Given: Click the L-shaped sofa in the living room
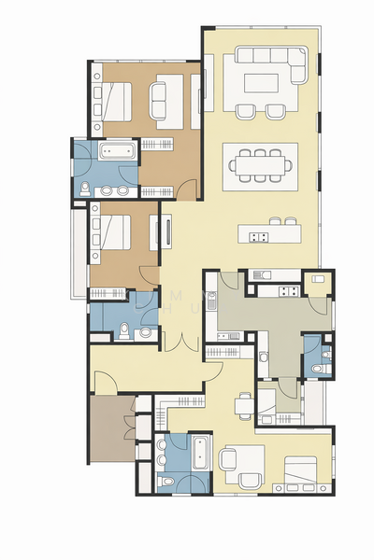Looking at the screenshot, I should [271, 58].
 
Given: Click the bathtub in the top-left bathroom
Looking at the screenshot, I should [118, 150].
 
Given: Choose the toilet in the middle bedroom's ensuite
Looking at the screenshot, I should [124, 327].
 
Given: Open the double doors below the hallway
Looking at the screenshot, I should [177, 341].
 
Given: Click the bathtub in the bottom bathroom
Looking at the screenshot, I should [198, 453].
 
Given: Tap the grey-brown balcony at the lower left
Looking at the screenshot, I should [111, 427].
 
